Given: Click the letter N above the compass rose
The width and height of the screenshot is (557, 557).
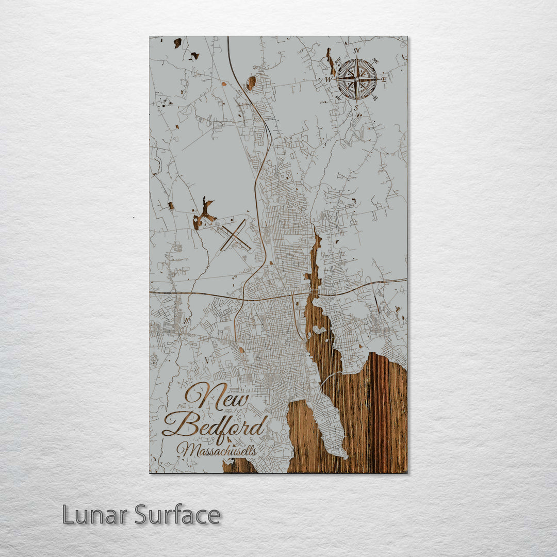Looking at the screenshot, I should (356, 51).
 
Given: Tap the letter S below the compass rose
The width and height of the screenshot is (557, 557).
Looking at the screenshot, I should (355, 107).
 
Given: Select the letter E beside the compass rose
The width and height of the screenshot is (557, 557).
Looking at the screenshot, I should (384, 79).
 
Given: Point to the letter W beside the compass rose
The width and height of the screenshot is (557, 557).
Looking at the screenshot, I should (328, 79).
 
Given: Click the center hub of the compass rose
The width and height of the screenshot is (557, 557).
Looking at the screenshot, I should (356, 79).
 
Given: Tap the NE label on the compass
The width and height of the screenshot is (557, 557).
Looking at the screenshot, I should (375, 60).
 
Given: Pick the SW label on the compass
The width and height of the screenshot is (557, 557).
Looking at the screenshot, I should (338, 97).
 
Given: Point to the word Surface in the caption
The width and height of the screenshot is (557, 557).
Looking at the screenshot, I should (177, 515).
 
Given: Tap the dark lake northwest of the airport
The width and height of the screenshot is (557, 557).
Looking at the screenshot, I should (204, 212).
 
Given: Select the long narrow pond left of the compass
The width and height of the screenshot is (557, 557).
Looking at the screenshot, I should (329, 61).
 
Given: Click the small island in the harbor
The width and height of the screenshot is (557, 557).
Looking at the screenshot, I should (318, 330).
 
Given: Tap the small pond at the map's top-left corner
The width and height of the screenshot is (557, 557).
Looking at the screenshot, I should (177, 43).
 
